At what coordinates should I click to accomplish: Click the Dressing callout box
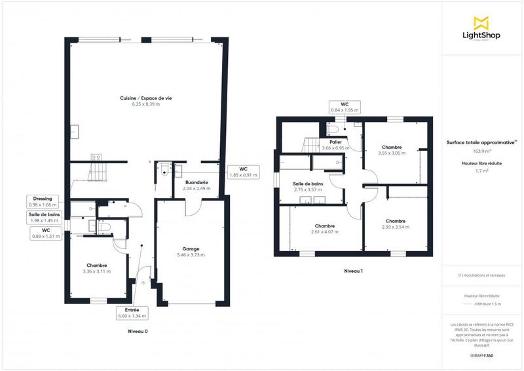(x=44, y=201)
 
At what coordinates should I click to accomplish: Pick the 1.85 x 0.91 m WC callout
(x=243, y=172)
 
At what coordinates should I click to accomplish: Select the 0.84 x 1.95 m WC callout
(x=344, y=107)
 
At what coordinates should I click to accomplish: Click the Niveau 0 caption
(x=138, y=332)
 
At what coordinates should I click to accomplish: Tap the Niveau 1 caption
(x=353, y=271)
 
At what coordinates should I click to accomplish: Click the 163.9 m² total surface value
(x=480, y=150)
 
